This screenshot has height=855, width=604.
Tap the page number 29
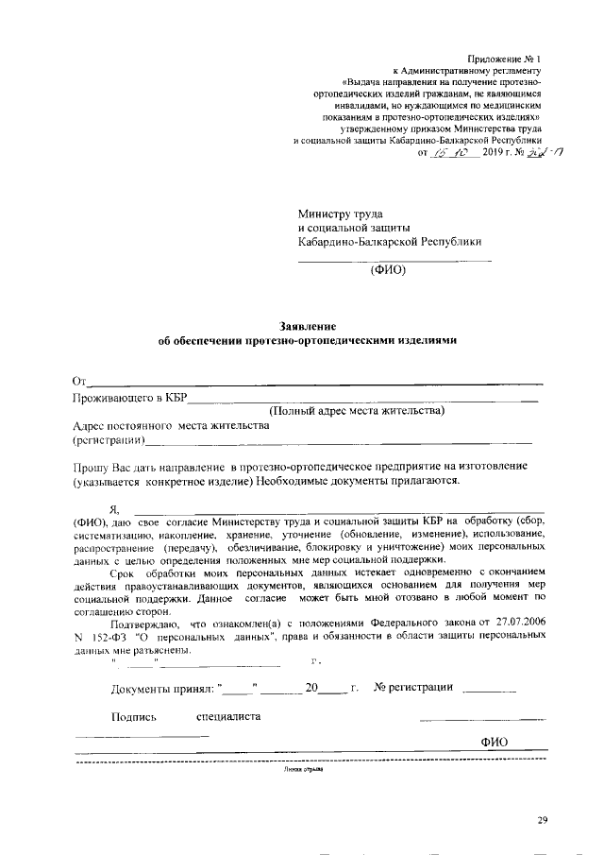pos(543,819)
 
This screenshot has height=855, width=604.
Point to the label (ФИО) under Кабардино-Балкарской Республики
pos(386,268)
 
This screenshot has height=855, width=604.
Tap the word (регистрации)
pos(109,440)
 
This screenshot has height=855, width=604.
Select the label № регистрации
pos(413,687)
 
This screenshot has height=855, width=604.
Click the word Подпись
pos(133,716)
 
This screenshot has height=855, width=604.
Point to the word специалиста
pos(228,716)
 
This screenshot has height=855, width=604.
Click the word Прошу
pos(91,468)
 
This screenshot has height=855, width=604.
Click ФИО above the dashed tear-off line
pos(495,743)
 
